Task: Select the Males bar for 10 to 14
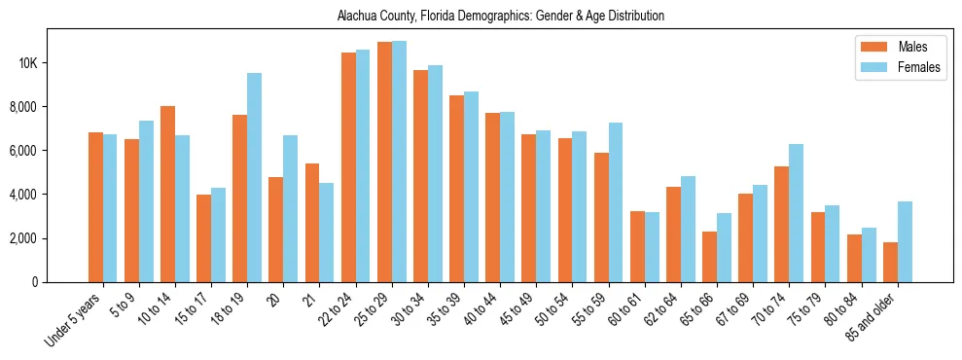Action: click(167, 195)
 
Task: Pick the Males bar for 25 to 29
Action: click(384, 162)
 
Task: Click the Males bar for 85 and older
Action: click(890, 263)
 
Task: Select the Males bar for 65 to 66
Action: click(709, 257)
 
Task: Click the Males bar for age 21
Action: click(312, 223)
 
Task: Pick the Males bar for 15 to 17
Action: click(203, 238)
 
